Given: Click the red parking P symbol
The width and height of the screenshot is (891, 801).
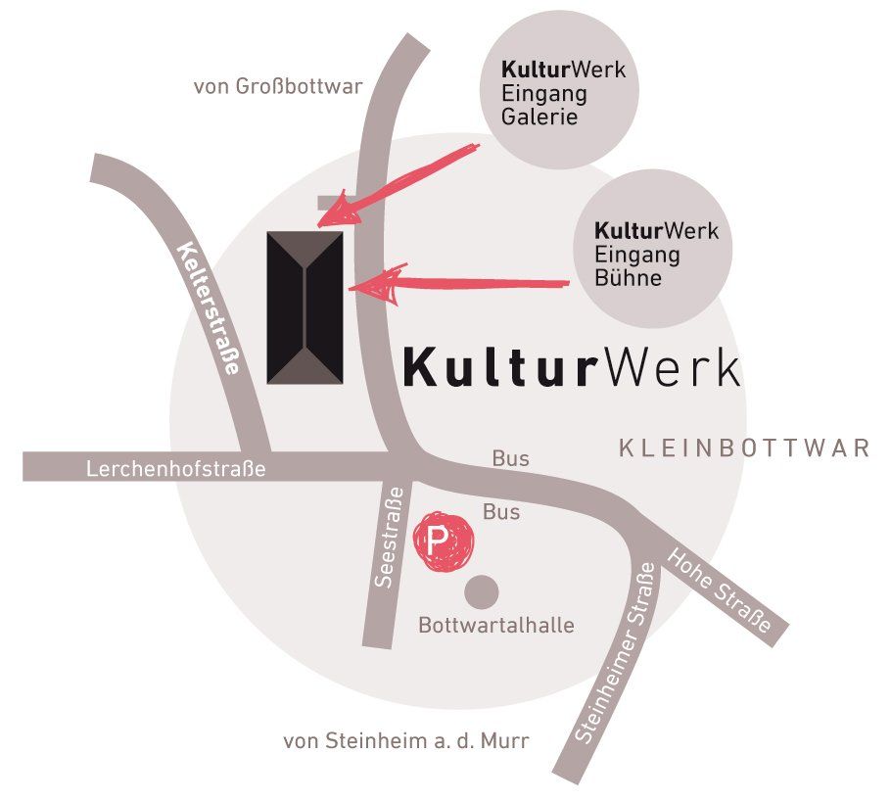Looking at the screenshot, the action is point(444,541).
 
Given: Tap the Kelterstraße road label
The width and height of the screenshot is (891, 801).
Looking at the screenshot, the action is point(210,308).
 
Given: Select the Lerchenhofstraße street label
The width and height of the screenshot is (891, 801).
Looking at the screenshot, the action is point(176,469).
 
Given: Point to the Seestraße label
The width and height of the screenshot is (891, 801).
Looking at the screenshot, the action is point(390,538).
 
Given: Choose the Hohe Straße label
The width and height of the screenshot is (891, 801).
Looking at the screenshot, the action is point(720,591).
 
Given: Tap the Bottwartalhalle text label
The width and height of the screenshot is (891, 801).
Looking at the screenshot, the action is point(496,626).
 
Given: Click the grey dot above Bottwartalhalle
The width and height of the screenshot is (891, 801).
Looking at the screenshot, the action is point(482,591).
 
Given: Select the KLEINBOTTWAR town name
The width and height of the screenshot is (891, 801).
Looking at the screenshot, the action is point(744,448).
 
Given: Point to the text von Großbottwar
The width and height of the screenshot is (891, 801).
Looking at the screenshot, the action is point(278,86).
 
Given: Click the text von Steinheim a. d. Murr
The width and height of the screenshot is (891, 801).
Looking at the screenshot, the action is point(406,740).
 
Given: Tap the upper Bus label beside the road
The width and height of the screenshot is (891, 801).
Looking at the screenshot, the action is point(511,458).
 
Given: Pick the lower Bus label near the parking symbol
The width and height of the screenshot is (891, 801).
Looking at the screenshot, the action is point(501,511).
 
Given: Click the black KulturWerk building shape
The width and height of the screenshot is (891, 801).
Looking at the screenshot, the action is point(305,307).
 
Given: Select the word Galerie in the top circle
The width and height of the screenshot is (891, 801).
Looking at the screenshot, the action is point(539,117).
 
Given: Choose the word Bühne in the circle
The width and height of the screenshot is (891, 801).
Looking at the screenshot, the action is point(628,277).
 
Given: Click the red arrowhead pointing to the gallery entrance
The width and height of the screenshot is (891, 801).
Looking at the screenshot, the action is point(338,212).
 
